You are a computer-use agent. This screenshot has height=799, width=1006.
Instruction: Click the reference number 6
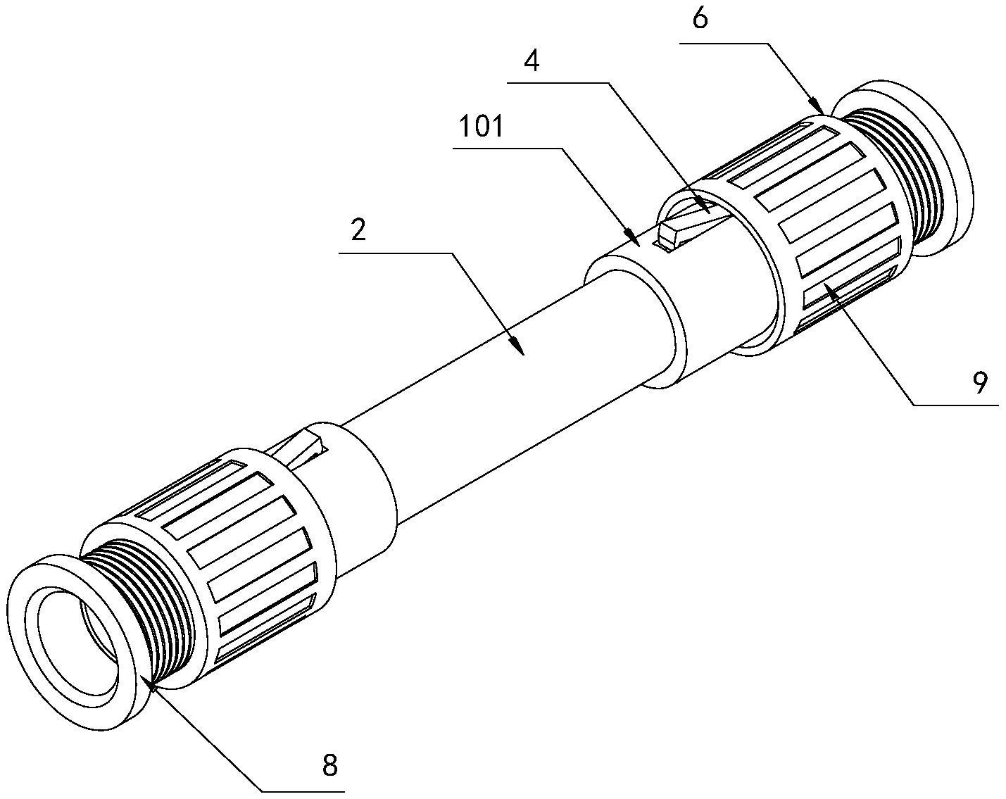pos(700,19)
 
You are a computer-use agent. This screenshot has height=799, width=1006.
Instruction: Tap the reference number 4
pos(533,61)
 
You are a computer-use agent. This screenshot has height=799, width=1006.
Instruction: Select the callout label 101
pos(482,127)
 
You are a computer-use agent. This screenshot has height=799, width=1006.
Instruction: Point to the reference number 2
pos(358,231)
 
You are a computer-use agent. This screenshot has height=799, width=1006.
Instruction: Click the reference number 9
pos(980,382)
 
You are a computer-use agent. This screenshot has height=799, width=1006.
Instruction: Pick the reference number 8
pos(329,765)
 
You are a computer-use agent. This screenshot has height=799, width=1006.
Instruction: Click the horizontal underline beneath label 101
pos(507,148)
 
